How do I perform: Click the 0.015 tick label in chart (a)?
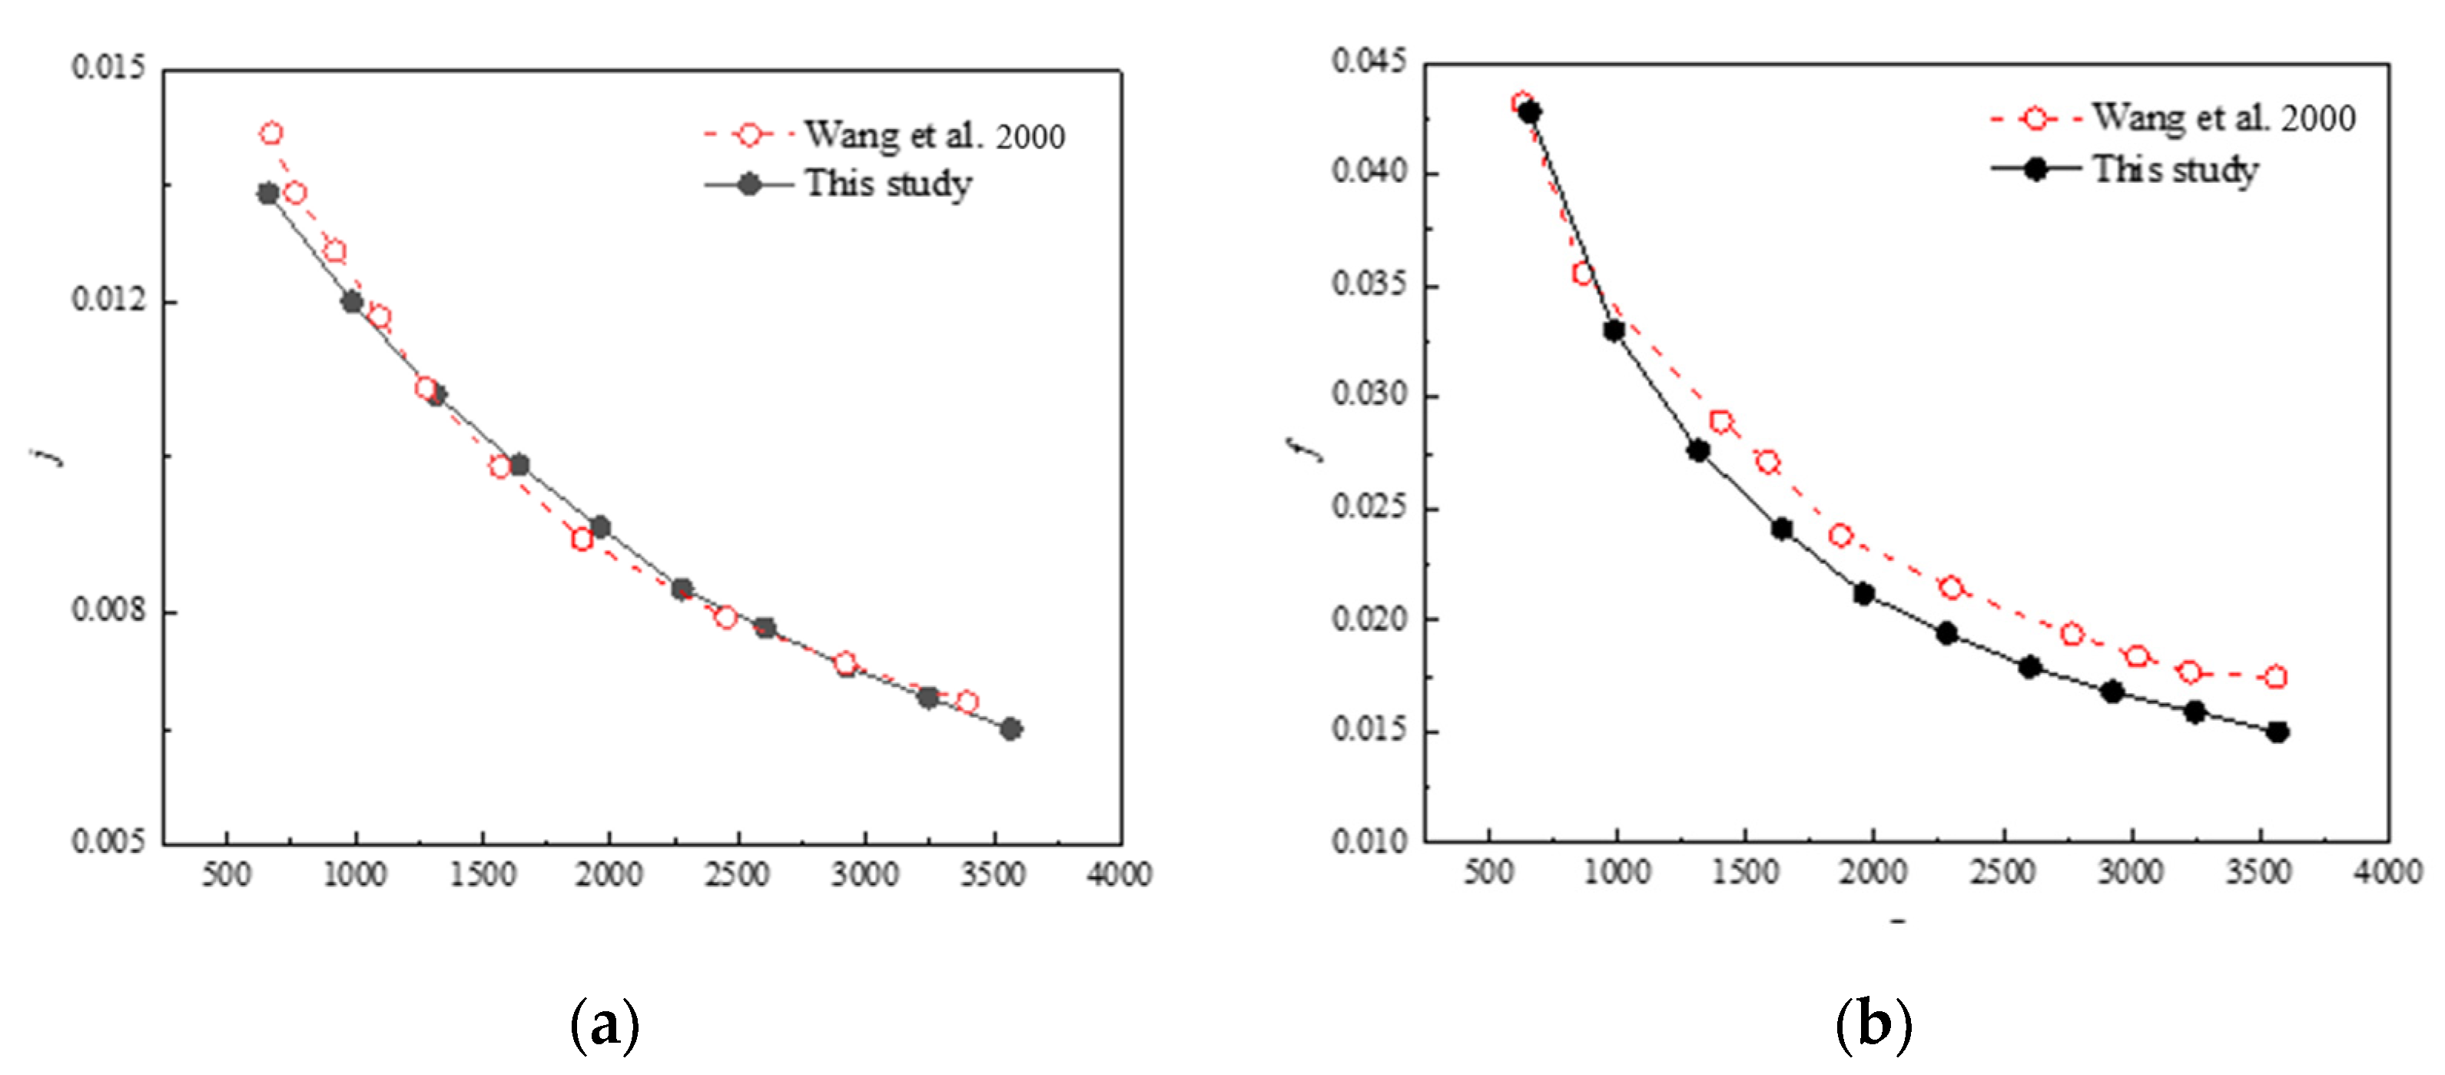pos(109,68)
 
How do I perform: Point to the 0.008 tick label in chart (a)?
pos(109,609)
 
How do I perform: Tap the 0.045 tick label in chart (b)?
pos(1368,61)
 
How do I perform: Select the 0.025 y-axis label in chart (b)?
pos(1368,506)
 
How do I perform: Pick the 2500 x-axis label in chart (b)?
pos(2002,871)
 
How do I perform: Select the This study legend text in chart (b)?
pos(2175,170)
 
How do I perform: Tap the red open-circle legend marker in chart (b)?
pos(2035,118)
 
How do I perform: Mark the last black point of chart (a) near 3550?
pos(1011,728)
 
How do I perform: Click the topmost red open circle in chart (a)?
pos(271,134)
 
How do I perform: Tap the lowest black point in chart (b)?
pos(2277,732)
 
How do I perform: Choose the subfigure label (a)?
pos(605,1025)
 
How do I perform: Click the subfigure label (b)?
pos(1873,1025)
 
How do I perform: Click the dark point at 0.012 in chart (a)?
pos(352,302)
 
